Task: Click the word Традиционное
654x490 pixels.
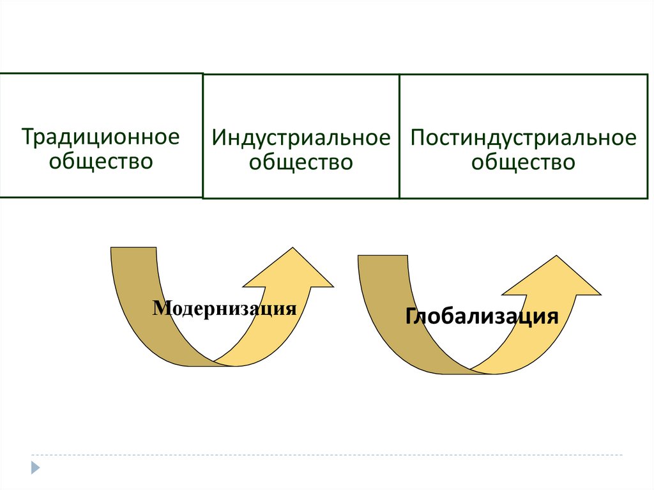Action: (100, 137)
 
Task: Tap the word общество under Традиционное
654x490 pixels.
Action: (101, 160)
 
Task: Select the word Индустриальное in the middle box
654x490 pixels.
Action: (301, 138)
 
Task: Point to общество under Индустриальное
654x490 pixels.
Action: (301, 162)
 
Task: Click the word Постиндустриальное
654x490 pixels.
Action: (523, 138)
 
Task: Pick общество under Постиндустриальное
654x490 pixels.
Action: (523, 162)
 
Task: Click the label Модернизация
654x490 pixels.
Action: (225, 309)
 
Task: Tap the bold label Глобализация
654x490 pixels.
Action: (482, 316)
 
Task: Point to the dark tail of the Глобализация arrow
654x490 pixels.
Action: (383, 294)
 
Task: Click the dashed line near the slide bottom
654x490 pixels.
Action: (319, 456)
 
